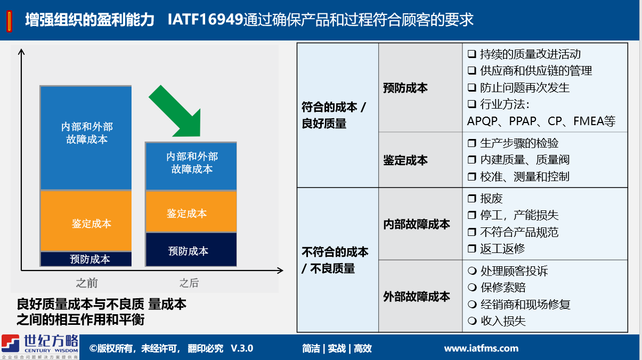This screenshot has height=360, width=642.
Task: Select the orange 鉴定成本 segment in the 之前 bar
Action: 86,221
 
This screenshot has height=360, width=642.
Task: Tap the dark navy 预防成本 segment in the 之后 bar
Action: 191,250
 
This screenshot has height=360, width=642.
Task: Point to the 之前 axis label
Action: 87,283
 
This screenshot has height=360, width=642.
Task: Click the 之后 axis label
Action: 189,283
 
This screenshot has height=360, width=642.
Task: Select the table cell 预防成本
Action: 405,88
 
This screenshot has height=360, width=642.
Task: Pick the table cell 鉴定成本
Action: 405,160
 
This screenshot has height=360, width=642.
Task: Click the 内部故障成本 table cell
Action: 417,224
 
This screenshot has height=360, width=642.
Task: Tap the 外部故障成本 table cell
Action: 417,297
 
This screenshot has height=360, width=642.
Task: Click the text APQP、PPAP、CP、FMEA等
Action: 541,121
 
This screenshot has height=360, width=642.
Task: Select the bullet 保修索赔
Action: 503,288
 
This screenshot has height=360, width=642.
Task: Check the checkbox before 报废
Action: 472,199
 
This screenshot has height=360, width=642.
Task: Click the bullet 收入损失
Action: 503,321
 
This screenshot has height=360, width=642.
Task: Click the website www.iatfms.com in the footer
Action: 481,348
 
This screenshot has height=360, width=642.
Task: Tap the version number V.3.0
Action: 242,348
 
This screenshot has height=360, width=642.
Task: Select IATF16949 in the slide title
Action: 205,20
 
